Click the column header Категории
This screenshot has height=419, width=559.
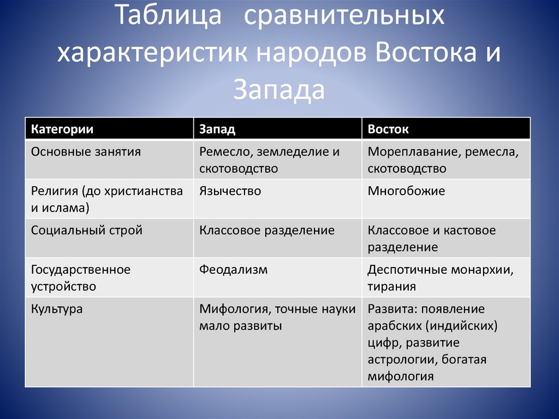point(62,129)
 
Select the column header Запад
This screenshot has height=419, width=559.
point(217,129)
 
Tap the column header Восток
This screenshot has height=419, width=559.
point(388,129)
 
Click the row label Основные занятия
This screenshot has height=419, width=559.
point(86,152)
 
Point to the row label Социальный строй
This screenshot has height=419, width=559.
point(87,230)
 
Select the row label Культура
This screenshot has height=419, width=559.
point(57,309)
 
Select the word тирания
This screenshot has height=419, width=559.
point(391,287)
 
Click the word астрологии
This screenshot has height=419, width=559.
point(402,359)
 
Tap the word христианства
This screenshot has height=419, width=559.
point(144,191)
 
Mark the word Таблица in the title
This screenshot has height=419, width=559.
point(169,15)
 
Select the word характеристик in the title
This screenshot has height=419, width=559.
point(153,53)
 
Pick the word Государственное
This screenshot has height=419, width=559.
point(81,270)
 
